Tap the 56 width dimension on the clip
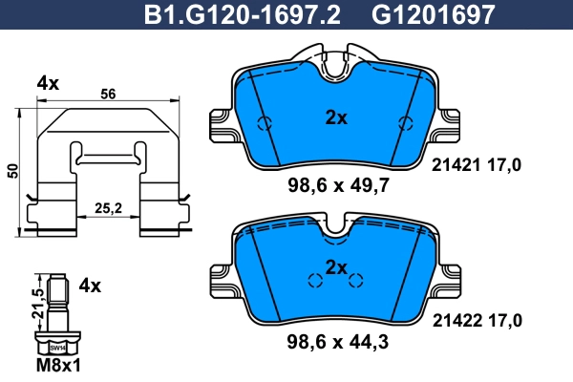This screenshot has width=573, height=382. click(109, 94)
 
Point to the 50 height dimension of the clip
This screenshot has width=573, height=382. click(12, 170)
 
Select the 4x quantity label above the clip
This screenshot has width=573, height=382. click(48, 83)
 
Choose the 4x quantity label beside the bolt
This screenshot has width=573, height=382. click(90, 285)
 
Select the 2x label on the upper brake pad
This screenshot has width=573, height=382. click(335, 118)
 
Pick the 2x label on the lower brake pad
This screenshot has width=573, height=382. click(335, 266)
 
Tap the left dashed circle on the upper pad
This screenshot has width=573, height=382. click(266, 122)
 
